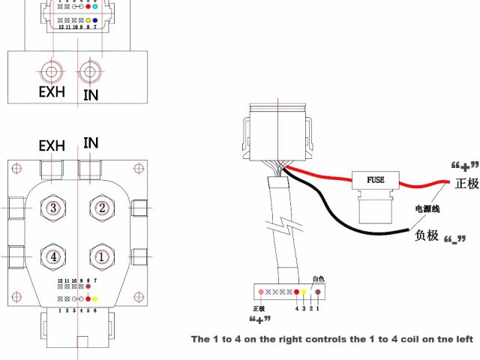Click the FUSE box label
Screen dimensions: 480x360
click(375, 181)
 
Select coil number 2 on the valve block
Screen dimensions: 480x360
click(101, 208)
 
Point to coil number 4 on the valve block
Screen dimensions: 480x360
click(52, 256)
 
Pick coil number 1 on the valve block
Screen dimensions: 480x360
click(101, 256)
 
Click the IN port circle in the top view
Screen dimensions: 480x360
click(91, 73)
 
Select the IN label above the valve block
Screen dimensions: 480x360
click(91, 142)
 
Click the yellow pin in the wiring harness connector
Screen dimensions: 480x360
click(304, 292)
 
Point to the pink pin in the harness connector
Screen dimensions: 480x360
click(261, 292)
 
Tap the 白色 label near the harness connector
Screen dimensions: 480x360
click(318, 278)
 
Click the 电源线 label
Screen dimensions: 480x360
click(418, 208)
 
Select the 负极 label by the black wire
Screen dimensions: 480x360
click(426, 235)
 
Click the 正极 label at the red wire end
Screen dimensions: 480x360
click(466, 183)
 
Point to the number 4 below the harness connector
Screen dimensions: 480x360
click(297, 307)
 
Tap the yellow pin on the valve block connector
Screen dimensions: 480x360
click(95, 298)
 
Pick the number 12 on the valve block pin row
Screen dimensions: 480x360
click(60, 280)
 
